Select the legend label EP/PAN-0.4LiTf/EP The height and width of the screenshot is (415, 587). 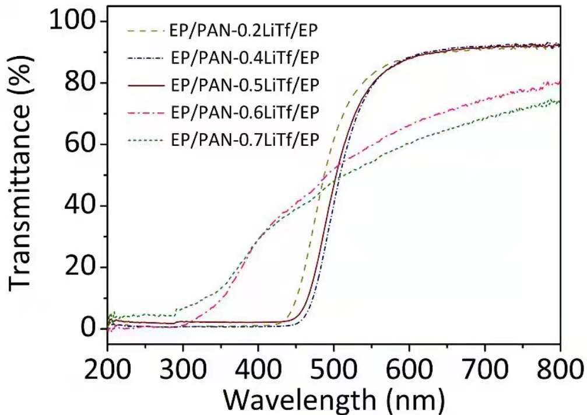pos(245,58)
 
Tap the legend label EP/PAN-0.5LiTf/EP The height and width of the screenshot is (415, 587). pos(245,85)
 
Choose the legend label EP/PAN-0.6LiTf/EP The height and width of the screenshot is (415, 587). pos(245,112)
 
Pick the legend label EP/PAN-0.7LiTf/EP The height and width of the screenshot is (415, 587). pos(245,140)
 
